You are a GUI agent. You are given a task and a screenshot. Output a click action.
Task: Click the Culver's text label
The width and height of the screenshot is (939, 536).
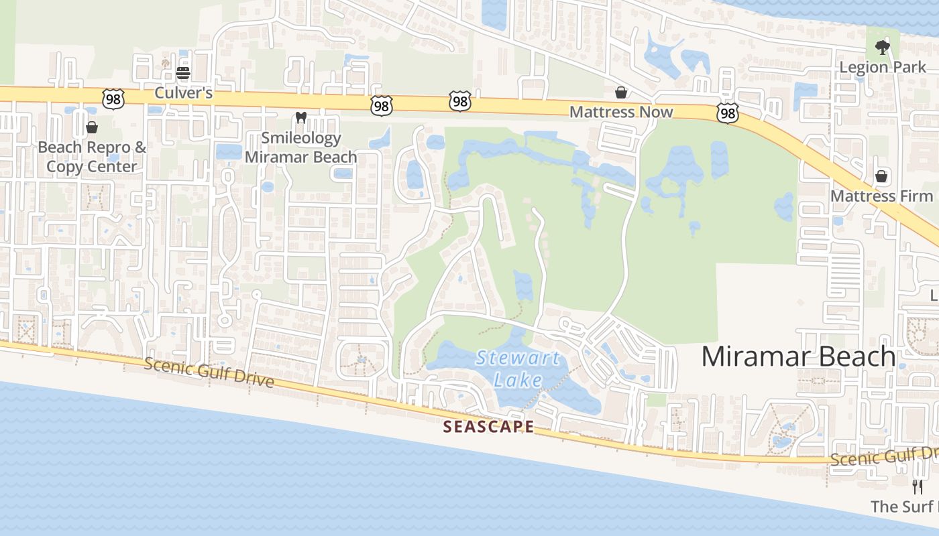click(x=184, y=92)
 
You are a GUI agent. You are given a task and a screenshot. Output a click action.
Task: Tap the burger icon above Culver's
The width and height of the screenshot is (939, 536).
click(x=183, y=73)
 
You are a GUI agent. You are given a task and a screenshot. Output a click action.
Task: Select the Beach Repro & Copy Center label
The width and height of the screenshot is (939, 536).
click(x=92, y=157)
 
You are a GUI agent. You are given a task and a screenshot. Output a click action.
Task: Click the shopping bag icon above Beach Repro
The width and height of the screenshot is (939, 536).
click(x=92, y=127)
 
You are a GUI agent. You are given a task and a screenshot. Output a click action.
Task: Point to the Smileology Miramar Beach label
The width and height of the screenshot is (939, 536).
click(x=301, y=147)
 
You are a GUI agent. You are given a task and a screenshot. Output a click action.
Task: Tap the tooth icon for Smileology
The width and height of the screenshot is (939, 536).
click(x=301, y=118)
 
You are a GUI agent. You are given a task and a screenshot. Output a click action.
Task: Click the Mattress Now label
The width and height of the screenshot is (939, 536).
click(x=621, y=112)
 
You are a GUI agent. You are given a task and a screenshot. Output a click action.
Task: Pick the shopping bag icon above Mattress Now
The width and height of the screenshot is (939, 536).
click(x=621, y=92)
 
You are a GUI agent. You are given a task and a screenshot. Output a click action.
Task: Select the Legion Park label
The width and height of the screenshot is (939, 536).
click(x=883, y=67)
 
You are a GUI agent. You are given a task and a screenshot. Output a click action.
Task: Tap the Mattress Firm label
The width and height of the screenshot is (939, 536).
click(x=882, y=196)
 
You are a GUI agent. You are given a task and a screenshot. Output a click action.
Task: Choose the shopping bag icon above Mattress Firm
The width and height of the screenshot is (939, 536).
click(x=882, y=176)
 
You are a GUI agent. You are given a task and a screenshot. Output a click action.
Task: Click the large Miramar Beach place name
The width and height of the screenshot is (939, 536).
click(x=798, y=356)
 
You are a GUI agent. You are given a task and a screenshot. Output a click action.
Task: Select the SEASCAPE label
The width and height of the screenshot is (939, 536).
click(x=489, y=427)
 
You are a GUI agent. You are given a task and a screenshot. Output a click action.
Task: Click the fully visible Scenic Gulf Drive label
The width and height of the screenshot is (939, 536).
click(x=209, y=373)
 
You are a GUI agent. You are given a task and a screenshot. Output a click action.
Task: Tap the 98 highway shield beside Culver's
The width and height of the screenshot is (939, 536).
click(x=113, y=98)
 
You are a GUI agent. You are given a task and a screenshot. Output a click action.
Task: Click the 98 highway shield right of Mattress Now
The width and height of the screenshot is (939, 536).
click(x=727, y=113)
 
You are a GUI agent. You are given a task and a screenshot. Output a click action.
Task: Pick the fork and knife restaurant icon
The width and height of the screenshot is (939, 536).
click(x=918, y=487)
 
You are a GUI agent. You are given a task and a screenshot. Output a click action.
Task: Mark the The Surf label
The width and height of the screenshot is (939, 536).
click(x=904, y=507)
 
